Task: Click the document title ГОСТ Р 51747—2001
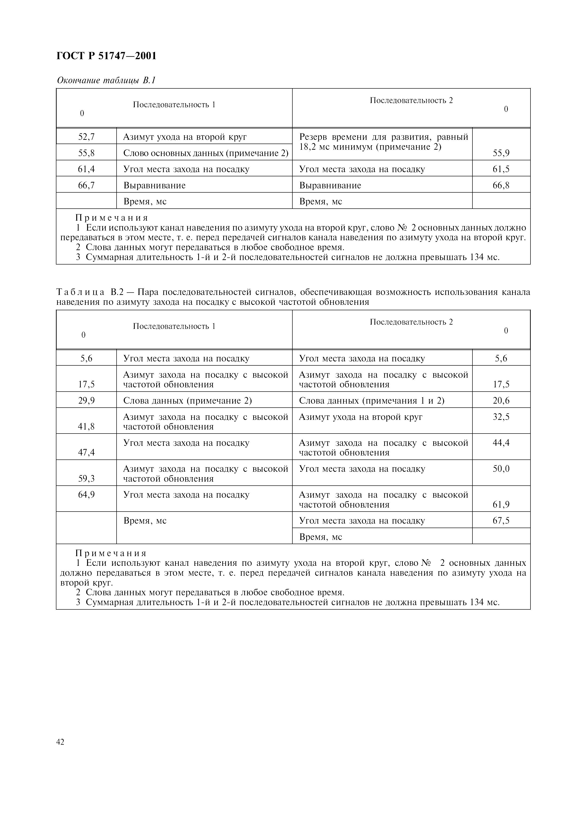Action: pos(106,56)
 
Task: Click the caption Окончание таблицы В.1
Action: pos(106,80)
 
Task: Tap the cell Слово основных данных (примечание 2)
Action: pos(206,153)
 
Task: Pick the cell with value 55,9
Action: pos(501,153)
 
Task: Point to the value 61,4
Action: pos(87,169)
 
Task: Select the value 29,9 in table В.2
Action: pos(87,401)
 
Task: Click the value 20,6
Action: pos(501,401)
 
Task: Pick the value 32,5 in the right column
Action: pos(501,417)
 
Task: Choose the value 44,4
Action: pos(501,443)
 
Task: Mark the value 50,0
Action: pos(501,469)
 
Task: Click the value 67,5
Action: pos(501,521)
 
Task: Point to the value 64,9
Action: pos(87,495)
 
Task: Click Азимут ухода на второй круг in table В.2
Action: pos(360,417)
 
